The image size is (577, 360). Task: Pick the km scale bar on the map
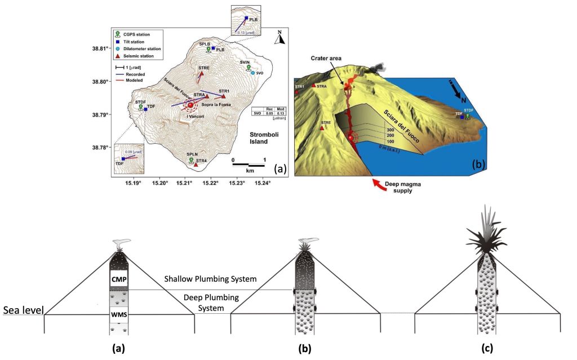pos(248,165)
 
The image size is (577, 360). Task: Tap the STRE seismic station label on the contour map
pos(204,68)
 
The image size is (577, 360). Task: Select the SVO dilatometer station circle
pos(252,73)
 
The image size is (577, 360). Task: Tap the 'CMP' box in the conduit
pos(118,278)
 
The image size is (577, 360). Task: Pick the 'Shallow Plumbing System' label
pos(210,279)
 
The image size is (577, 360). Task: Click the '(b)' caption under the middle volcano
pos(305,348)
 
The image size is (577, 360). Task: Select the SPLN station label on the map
pos(192,154)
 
